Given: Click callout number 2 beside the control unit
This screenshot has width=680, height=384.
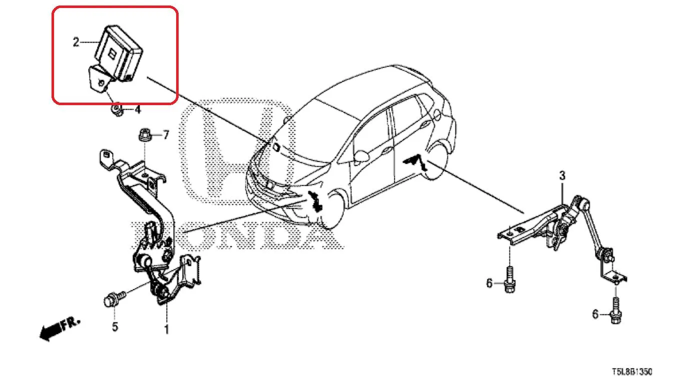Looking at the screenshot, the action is click(76, 42).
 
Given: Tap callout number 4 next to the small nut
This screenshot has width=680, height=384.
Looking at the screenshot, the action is click(138, 109).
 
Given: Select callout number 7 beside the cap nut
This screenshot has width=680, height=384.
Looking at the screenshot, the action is click(166, 135).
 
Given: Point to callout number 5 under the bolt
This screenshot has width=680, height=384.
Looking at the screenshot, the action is click(115, 327).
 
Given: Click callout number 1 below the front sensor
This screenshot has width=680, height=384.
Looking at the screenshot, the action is click(166, 329).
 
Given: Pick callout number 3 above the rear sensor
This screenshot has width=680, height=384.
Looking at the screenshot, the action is click(562, 176).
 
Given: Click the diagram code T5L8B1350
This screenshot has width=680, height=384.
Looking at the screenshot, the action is click(632, 372).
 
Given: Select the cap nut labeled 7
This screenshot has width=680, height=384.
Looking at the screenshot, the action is click(145, 135).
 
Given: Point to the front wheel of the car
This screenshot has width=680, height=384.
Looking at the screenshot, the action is click(332, 210).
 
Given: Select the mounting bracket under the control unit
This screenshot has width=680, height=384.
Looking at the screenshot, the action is click(99, 79).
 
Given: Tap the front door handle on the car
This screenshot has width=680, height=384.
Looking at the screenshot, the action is click(387, 150).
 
